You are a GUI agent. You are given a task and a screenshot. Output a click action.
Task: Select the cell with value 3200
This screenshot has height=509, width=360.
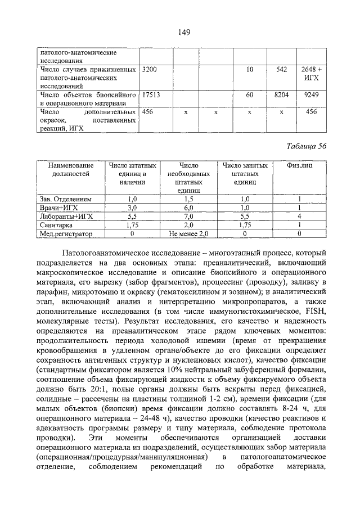(150, 69)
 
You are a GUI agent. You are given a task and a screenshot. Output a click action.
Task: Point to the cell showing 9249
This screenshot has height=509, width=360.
(310, 95)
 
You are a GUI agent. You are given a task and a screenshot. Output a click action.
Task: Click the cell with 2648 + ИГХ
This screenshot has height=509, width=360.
(310, 73)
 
